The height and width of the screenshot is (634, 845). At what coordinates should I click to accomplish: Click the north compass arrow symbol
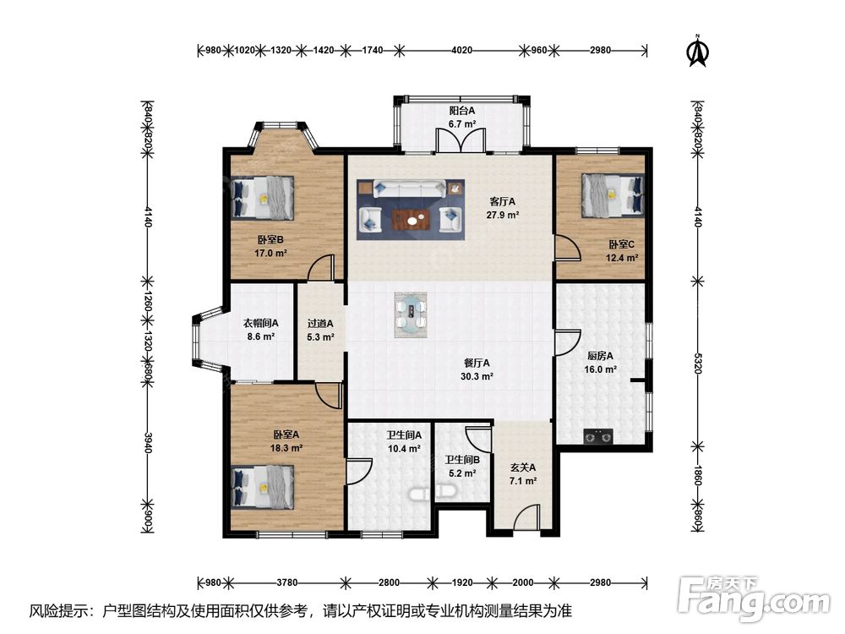pyautogui.click(x=699, y=52)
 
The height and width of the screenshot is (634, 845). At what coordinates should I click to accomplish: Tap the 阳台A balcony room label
pyautogui.click(x=462, y=111)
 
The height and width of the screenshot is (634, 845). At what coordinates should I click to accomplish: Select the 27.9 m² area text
pyautogui.click(x=502, y=215)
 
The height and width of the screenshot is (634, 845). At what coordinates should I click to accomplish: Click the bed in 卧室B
pyautogui.click(x=264, y=198)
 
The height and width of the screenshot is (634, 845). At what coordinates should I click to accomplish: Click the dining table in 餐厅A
pyautogui.click(x=412, y=314)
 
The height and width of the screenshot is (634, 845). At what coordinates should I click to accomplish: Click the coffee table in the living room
pyautogui.click(x=412, y=220)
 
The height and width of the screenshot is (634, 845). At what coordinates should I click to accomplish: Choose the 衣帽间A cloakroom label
pyautogui.click(x=260, y=324)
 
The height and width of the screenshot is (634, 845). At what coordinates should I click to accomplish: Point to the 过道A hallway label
pyautogui.click(x=320, y=324)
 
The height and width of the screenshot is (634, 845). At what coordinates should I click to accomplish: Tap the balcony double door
pyautogui.click(x=461, y=140)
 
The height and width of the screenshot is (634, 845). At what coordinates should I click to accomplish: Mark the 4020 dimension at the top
pyautogui.click(x=461, y=50)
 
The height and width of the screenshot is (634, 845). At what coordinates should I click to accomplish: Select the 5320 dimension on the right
pyautogui.click(x=698, y=363)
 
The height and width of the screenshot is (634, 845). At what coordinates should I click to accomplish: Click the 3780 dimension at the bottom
pyautogui.click(x=286, y=582)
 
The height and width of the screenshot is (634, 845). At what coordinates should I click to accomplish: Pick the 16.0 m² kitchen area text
pyautogui.click(x=600, y=370)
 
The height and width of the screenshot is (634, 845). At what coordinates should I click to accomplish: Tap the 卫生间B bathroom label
pyautogui.click(x=462, y=461)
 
